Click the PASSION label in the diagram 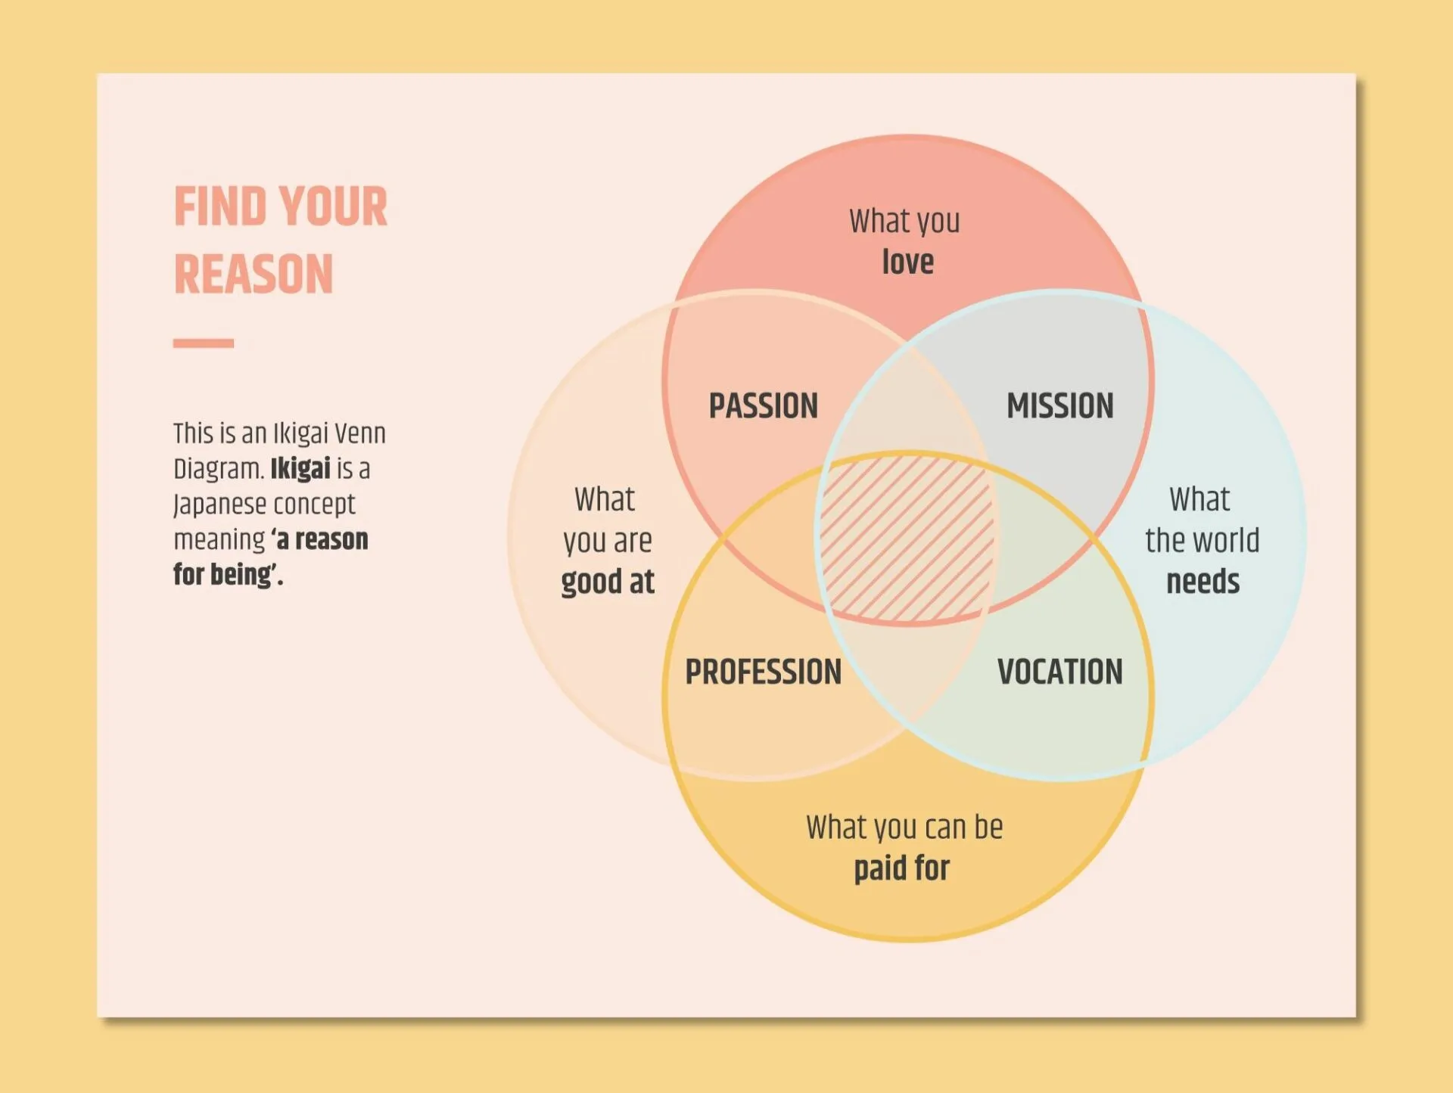763,406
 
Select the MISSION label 1059,406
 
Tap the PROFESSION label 763,672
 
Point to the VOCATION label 1059,672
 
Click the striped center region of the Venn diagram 907,539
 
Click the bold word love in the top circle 907,262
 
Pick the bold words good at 608,582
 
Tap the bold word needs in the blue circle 1203,582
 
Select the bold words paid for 901,868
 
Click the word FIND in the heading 219,207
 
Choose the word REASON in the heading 254,274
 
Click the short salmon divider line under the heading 203,343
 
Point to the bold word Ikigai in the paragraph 300,469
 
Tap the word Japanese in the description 220,505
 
